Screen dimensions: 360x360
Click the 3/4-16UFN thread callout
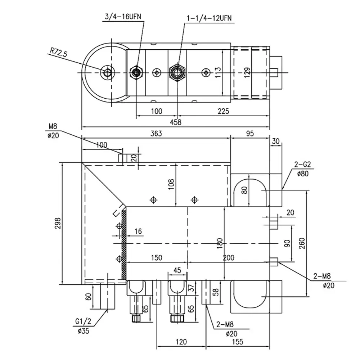point(123,17)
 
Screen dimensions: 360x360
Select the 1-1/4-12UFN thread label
point(209,18)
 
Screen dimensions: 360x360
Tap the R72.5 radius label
point(59,53)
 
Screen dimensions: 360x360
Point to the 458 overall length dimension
point(176,122)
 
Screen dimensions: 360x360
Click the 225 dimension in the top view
point(223,111)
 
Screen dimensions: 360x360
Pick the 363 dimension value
point(156,134)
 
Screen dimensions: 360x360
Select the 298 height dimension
point(58,223)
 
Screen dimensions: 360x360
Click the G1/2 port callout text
point(83,321)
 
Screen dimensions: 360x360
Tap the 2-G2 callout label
point(302,165)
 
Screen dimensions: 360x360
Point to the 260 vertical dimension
point(302,243)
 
